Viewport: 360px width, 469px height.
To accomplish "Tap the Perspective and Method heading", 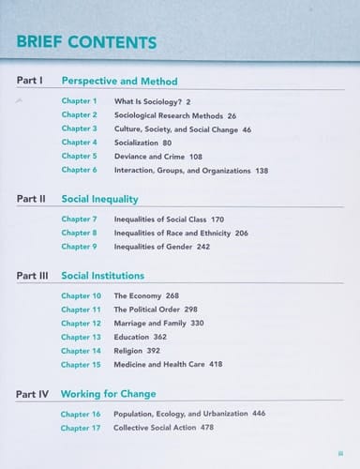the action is coord(119,82).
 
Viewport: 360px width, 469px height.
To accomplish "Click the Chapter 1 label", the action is coord(80,100).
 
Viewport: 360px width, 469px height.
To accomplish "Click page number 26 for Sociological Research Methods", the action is coord(232,114).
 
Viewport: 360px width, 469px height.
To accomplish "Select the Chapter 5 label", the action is coord(80,156).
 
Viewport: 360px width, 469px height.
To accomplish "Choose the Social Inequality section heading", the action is coord(99,199).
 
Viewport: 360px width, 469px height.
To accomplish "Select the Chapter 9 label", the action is coord(80,247).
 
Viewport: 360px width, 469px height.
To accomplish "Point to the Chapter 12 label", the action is coord(82,323).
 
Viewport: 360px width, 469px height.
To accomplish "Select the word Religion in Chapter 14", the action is coord(129,351).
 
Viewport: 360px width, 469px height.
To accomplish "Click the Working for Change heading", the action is coord(108,394).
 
